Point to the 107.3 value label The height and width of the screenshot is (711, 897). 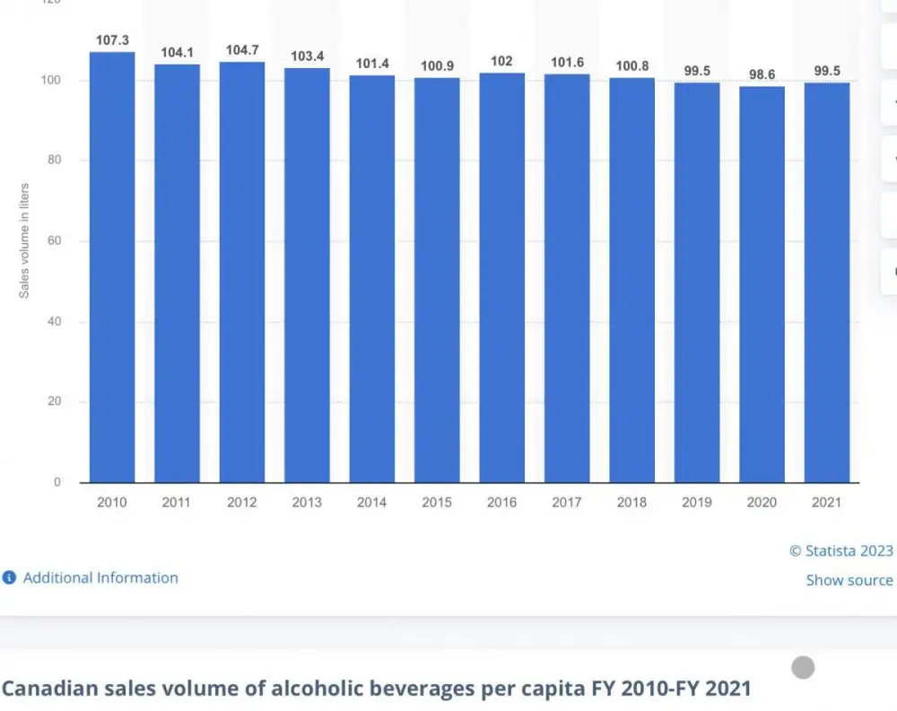(112, 41)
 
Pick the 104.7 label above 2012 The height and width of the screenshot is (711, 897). (242, 50)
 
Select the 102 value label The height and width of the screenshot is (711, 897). (501, 61)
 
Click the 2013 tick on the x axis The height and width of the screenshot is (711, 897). (307, 503)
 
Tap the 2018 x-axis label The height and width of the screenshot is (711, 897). (631, 503)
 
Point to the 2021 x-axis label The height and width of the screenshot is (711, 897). (826, 503)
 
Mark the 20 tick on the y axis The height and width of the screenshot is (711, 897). (57, 402)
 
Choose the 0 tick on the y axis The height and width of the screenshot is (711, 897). (58, 482)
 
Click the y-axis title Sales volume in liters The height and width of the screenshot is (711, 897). (24, 240)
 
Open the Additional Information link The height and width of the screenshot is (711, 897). (100, 578)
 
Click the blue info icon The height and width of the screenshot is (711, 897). (9, 578)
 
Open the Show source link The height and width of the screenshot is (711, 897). (849, 580)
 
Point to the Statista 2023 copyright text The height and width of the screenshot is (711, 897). (840, 551)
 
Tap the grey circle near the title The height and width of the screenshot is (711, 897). (803, 667)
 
